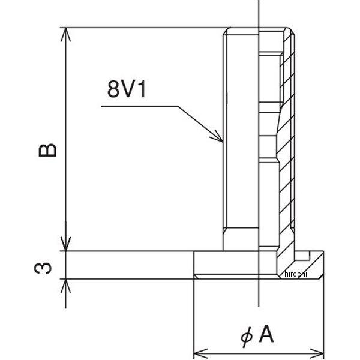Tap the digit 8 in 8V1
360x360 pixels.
click(113, 90)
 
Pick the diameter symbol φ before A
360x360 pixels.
click(246, 336)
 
